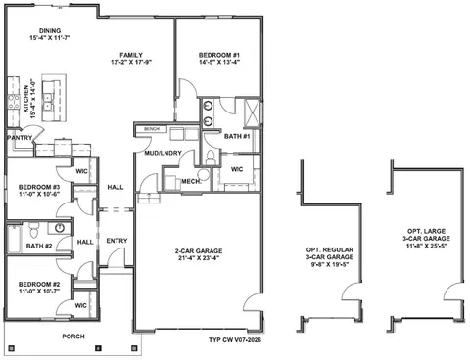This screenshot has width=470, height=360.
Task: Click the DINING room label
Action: [x=50, y=31]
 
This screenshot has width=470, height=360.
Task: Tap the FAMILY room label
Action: [x=131, y=55]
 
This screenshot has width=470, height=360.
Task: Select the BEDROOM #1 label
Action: [x=219, y=55]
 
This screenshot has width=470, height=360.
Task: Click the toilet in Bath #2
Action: [x=33, y=230]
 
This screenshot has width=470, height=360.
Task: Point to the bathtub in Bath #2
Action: [x=15, y=239]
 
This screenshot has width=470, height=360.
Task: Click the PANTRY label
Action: [x=20, y=138]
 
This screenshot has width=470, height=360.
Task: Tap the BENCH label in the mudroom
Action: [x=152, y=129]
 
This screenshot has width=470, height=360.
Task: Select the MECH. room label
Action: [x=191, y=181]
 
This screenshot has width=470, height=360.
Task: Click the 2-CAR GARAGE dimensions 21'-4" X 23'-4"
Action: [x=199, y=258]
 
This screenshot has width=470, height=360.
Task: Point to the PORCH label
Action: [x=73, y=337]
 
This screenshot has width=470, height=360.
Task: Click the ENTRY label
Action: [x=117, y=241]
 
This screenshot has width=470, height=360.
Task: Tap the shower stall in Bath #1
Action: [x=253, y=112]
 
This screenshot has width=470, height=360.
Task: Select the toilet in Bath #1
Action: [x=211, y=157]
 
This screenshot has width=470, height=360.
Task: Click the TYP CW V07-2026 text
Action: [x=235, y=340]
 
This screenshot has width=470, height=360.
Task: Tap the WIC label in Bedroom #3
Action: [x=81, y=171]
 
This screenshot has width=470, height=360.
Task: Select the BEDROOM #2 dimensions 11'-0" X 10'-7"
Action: [x=39, y=291]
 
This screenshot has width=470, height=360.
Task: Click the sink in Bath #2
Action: [x=60, y=227]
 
